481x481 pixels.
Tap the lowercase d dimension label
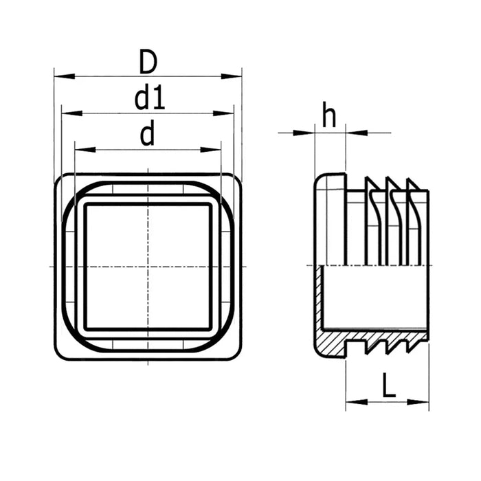pyautogui.click(x=147, y=135)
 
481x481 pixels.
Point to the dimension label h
pyautogui.click(x=330, y=118)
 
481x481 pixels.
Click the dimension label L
pyautogui.click(x=389, y=386)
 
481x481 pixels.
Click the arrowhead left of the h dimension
pyautogui.click(x=306, y=132)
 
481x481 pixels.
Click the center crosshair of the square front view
pyautogui.click(x=148, y=266)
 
